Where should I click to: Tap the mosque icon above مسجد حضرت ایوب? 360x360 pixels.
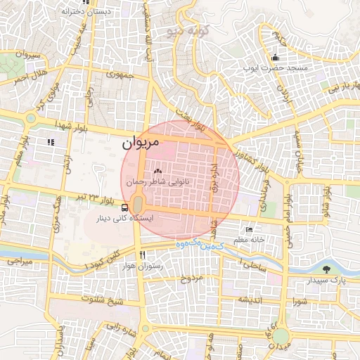point(276,58)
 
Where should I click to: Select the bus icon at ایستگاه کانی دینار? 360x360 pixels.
point(124,207)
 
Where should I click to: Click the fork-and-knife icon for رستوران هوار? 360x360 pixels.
point(143,255)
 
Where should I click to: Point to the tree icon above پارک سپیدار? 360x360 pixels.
point(325,269)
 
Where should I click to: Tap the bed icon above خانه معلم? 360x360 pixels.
point(248,231)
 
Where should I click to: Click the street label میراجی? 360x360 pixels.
point(20,261)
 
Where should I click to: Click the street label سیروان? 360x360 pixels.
point(13,54)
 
